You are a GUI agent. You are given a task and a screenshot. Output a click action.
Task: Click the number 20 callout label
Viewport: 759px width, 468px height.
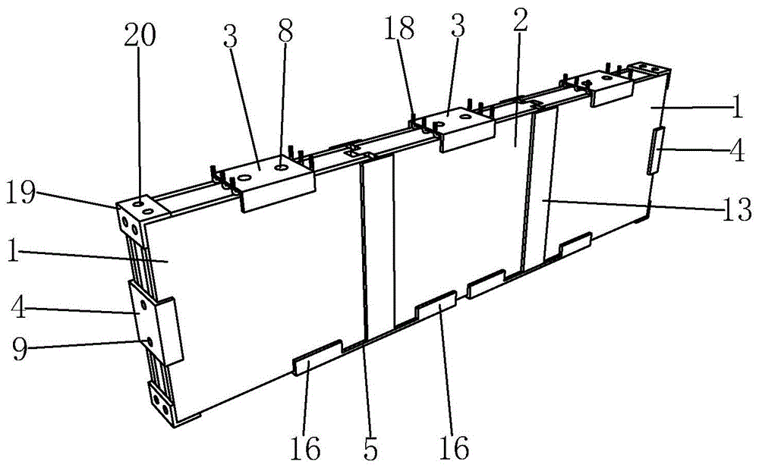point(142,36)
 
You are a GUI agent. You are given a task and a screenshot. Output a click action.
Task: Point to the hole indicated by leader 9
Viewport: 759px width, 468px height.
point(150,342)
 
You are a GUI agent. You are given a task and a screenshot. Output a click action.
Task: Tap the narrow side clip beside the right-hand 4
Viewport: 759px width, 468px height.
point(654,151)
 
